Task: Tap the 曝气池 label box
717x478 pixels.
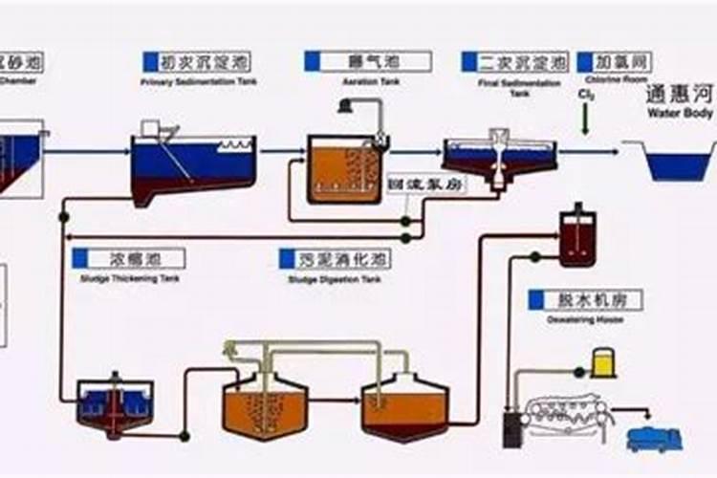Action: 367,61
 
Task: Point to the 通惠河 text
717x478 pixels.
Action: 680,95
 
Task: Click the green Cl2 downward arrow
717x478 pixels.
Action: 583,120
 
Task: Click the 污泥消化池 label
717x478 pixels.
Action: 335,258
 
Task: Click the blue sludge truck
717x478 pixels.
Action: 654,439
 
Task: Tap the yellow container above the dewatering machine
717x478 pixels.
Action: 602,361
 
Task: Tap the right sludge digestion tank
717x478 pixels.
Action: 404,406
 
